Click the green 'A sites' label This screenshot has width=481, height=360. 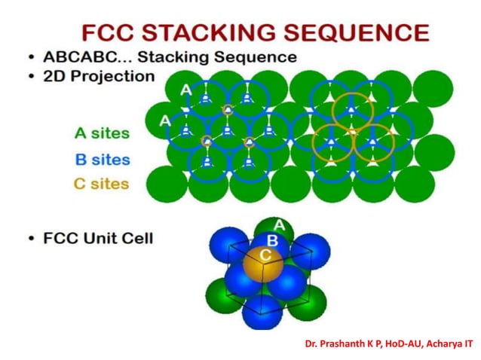pos(102,134)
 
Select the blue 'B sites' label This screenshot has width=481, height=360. pos(102,160)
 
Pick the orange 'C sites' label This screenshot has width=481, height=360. pos(101,184)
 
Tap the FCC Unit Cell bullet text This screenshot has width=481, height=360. pos(98,239)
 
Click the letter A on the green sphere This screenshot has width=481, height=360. pos(279,225)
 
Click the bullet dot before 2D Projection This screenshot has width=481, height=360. pos(28,77)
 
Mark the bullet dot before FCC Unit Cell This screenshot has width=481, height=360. pos(28,239)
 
